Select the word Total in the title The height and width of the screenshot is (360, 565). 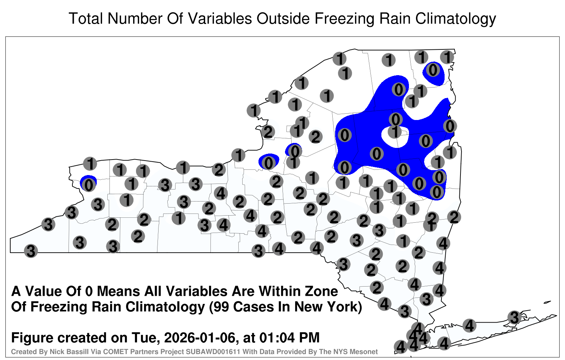coord(85,18)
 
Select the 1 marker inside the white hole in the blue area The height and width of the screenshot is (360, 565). coord(395,132)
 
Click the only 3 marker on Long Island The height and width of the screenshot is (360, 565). coord(514,317)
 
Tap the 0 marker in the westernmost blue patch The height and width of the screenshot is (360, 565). coord(89,185)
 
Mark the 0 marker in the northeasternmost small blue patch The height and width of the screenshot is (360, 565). coord(433,70)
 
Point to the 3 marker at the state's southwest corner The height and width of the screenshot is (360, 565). coord(31,251)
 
